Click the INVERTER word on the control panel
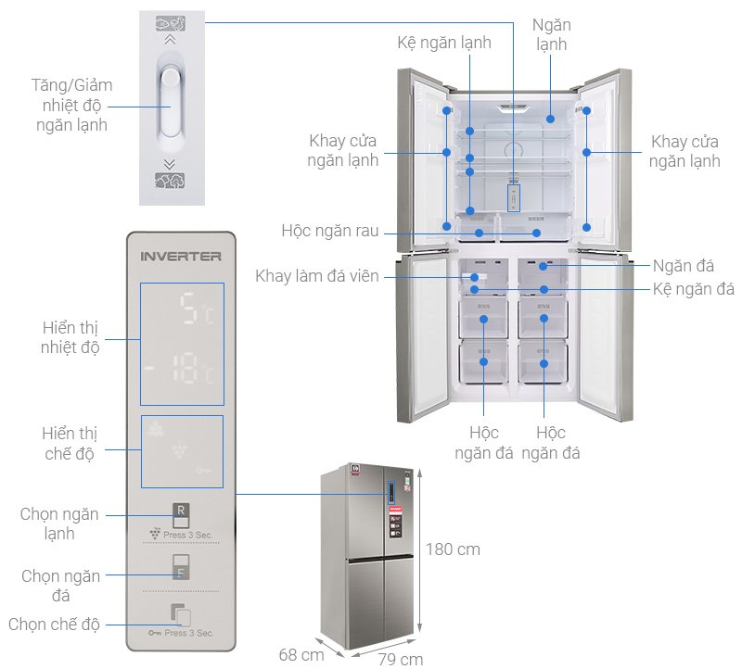[180, 256]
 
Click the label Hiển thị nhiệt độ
[70, 337]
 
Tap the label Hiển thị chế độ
[70, 443]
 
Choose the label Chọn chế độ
[53, 624]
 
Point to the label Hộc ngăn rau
[329, 231]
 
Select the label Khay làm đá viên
[317, 276]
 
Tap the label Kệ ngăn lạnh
[443, 43]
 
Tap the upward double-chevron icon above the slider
[169, 40]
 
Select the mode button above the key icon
[182, 615]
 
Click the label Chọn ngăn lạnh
[59, 524]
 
